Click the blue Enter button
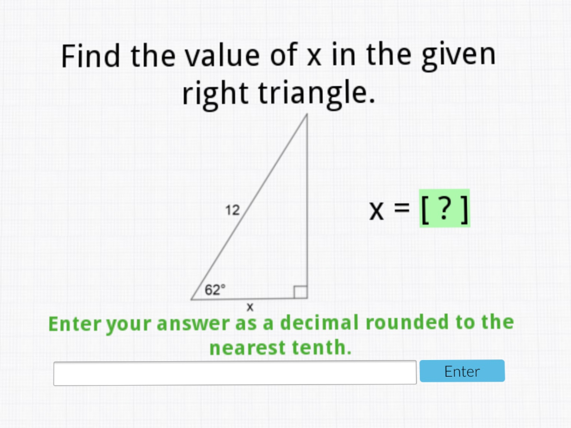pyautogui.click(x=462, y=371)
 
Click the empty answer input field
pyautogui.click(x=235, y=372)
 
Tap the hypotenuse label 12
pyautogui.click(x=233, y=210)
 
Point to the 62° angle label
pyautogui.click(x=215, y=289)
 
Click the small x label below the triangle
pyautogui.click(x=250, y=307)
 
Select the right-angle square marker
pyautogui.click(x=301, y=291)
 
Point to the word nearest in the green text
pyautogui.click(x=248, y=348)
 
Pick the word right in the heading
pyautogui.click(x=216, y=94)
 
